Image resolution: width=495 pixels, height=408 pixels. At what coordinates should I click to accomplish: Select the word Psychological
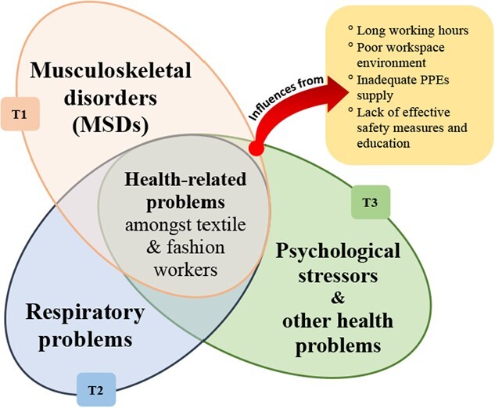pos(339,252)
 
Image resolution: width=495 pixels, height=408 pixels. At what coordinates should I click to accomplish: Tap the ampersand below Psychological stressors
pos(338,297)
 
